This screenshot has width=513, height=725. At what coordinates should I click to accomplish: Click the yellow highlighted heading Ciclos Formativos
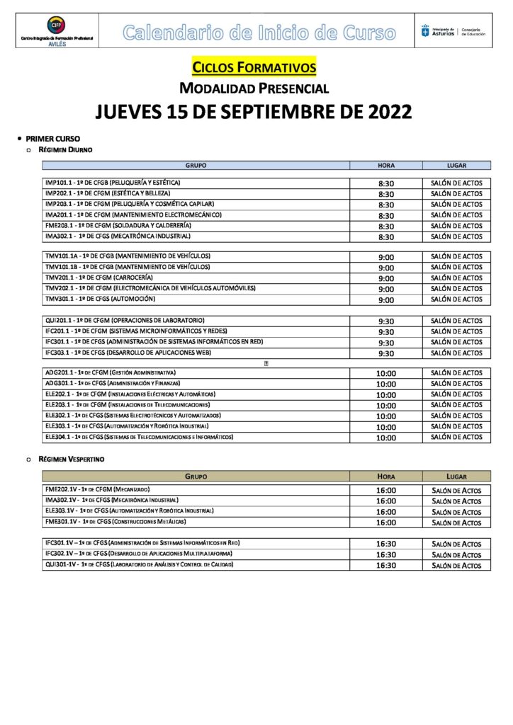254,67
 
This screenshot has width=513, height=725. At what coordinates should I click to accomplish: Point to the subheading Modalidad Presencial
254,88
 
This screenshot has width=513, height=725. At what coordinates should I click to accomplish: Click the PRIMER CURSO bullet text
53,138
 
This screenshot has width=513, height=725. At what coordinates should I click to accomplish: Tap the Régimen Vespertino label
70,459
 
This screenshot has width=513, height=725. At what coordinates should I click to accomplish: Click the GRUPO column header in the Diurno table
196,165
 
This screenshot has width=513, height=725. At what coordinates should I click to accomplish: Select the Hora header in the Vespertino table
386,476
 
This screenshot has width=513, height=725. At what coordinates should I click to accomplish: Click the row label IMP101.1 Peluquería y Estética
112,183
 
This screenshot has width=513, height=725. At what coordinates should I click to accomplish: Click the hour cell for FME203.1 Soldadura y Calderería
386,226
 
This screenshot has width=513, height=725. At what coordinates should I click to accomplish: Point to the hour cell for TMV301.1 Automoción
386,299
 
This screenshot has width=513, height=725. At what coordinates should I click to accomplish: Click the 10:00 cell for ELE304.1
386,438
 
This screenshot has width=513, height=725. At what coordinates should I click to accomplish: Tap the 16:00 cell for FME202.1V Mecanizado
386,490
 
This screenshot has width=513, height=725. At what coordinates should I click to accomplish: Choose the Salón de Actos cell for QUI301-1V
456,566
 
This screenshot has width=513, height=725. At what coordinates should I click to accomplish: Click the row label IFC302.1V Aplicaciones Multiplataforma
138,554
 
